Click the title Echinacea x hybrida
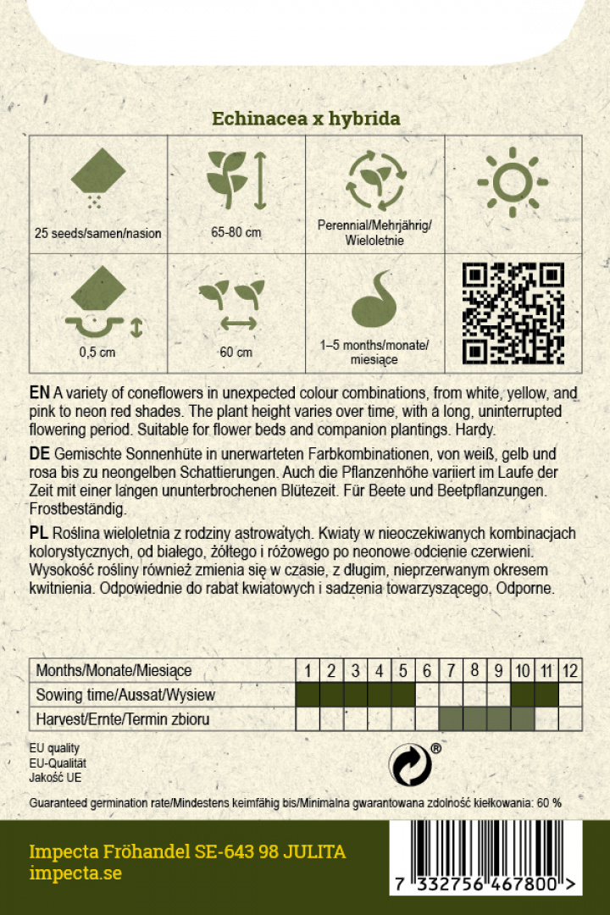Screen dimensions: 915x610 tap(305, 119)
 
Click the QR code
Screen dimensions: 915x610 tap(513, 313)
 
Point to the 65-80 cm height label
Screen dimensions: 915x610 tap(236, 233)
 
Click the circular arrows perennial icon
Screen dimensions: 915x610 tap(374, 180)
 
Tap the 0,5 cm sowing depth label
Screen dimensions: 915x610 tap(98, 352)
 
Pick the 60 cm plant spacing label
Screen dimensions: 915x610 tap(236, 352)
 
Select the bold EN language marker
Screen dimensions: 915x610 tap(39, 394)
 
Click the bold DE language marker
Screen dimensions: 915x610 tap(39, 455)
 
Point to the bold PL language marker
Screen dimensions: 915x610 tap(39, 532)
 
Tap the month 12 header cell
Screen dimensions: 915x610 tap(570, 671)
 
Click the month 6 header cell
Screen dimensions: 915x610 tap(427, 671)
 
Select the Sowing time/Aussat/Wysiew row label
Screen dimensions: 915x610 tap(125, 696)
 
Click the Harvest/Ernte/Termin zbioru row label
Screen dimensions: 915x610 tap(122, 720)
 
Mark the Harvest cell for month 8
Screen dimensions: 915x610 tap(474, 720)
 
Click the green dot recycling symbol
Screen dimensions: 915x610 tap(410, 764)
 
